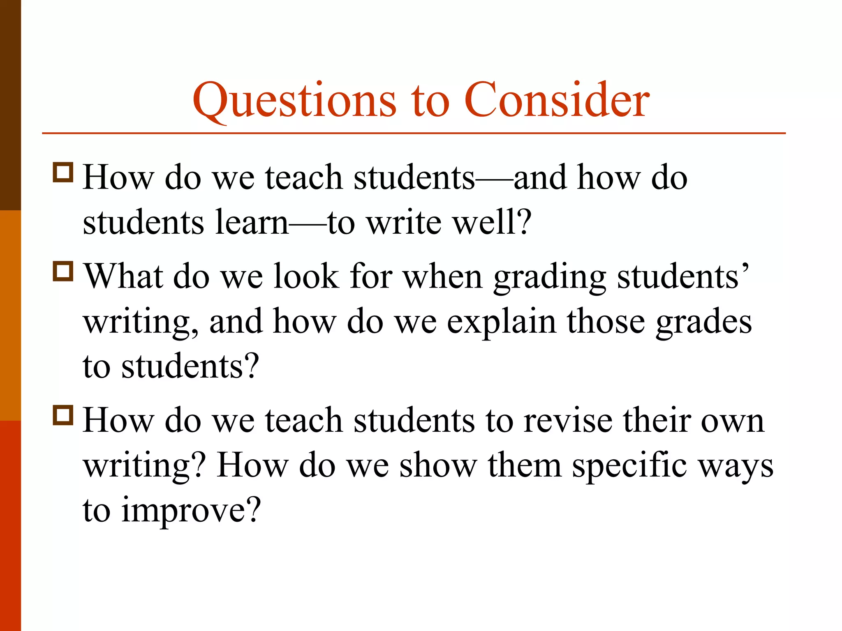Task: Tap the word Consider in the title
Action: pos(557,100)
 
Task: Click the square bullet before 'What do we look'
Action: pos(63,271)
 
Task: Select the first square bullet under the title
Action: pos(63,172)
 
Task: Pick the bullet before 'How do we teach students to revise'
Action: pos(63,415)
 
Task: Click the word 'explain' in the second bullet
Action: pos(501,322)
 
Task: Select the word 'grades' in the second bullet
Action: pos(703,322)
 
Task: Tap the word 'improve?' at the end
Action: pos(191,511)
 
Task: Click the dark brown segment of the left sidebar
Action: pos(10,105)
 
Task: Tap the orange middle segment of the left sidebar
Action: pos(10,315)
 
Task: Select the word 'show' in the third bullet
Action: pos(438,465)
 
